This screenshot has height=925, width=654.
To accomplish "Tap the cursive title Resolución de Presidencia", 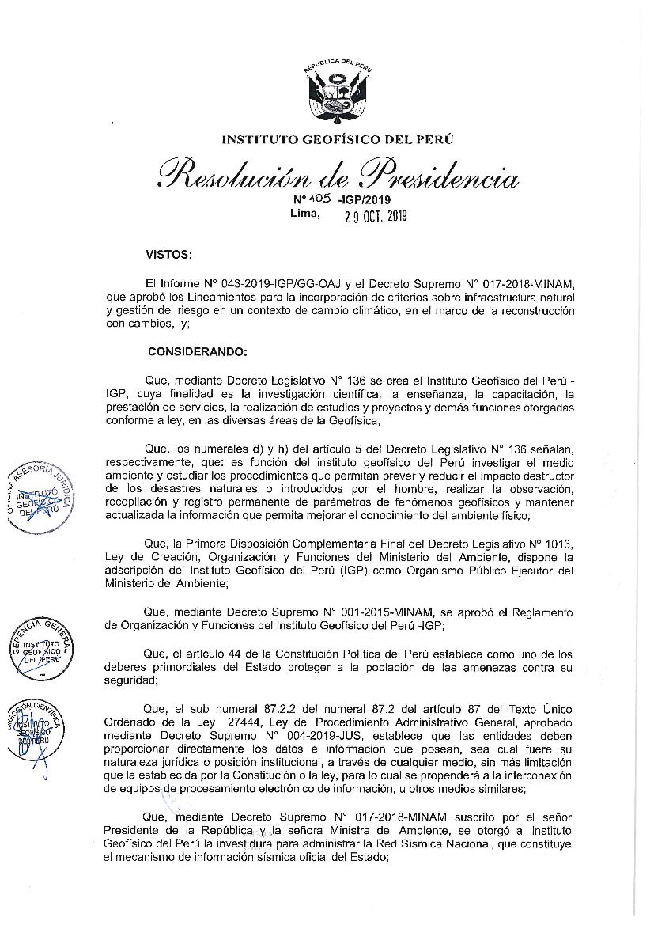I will click(x=338, y=172).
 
